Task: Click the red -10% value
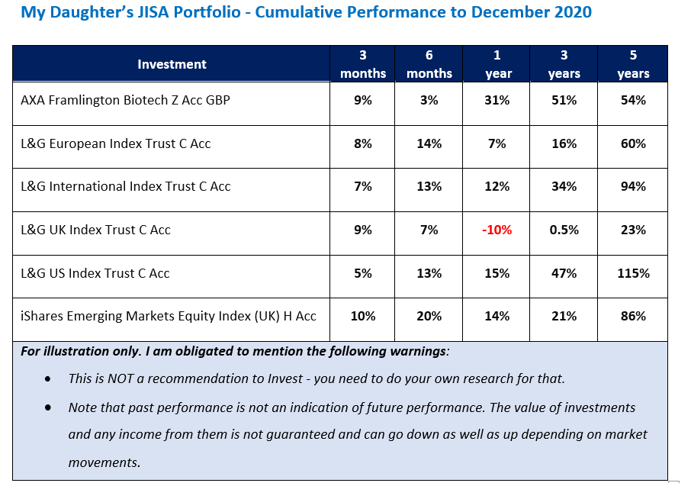point(497,230)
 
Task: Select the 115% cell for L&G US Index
point(633,273)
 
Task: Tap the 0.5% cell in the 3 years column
point(564,230)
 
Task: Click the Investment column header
point(172,64)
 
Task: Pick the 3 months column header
point(363,64)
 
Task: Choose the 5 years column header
point(633,64)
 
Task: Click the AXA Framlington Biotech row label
point(125,100)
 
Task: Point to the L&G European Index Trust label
point(115,143)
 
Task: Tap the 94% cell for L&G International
point(633,186)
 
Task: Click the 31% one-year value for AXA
point(497,100)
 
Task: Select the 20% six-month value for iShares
point(429,316)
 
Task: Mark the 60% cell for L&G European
point(633,143)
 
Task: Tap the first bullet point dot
point(49,379)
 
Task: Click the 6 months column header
point(429,64)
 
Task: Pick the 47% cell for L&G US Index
point(564,273)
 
